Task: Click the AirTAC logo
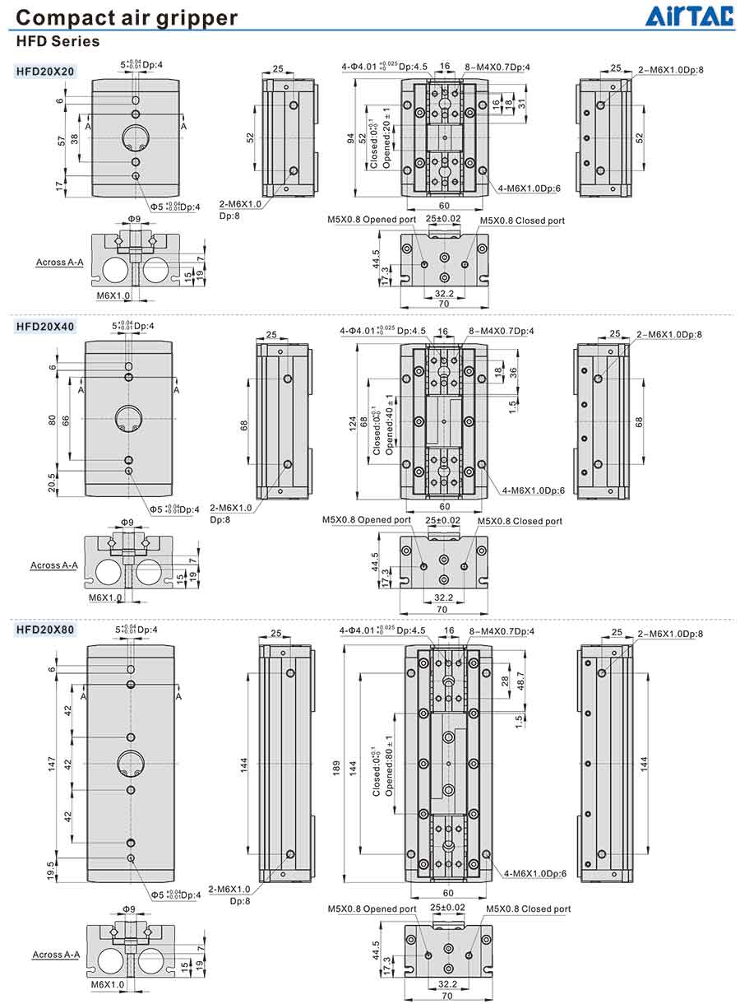[689, 16]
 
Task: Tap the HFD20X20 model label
[45, 72]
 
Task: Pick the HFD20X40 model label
[45, 327]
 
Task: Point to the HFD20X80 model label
[45, 630]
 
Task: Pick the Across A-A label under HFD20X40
[53, 565]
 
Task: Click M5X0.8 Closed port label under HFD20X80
[528, 909]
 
